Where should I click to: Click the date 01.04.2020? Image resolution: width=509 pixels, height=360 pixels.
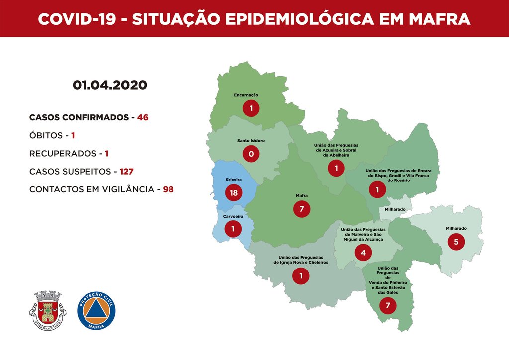[x=110, y=85]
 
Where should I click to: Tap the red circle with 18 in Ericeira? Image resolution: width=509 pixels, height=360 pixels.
[x=233, y=192]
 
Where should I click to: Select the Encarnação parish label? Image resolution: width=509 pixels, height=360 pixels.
[x=246, y=95]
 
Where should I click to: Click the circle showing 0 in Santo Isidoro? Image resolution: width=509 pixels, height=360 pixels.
[x=251, y=154]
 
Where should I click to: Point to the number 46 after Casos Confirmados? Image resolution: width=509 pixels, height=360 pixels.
[x=143, y=118]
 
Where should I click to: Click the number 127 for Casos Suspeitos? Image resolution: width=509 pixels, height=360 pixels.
[x=126, y=172]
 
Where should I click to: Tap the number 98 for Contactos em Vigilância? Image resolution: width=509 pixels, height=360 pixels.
[x=168, y=189]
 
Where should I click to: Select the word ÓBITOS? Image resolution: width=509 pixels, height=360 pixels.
[x=46, y=135]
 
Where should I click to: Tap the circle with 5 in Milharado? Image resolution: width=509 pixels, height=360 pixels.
[x=456, y=242]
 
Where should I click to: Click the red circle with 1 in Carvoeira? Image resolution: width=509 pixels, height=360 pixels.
[x=232, y=229]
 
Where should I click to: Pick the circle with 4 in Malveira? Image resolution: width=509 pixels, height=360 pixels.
[x=363, y=253]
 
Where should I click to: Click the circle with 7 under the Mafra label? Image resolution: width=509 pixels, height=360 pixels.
[x=301, y=209]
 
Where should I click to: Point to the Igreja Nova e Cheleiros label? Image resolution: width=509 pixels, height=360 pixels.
[x=301, y=260]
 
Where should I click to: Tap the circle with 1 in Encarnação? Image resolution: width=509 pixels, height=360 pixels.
[x=251, y=108]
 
